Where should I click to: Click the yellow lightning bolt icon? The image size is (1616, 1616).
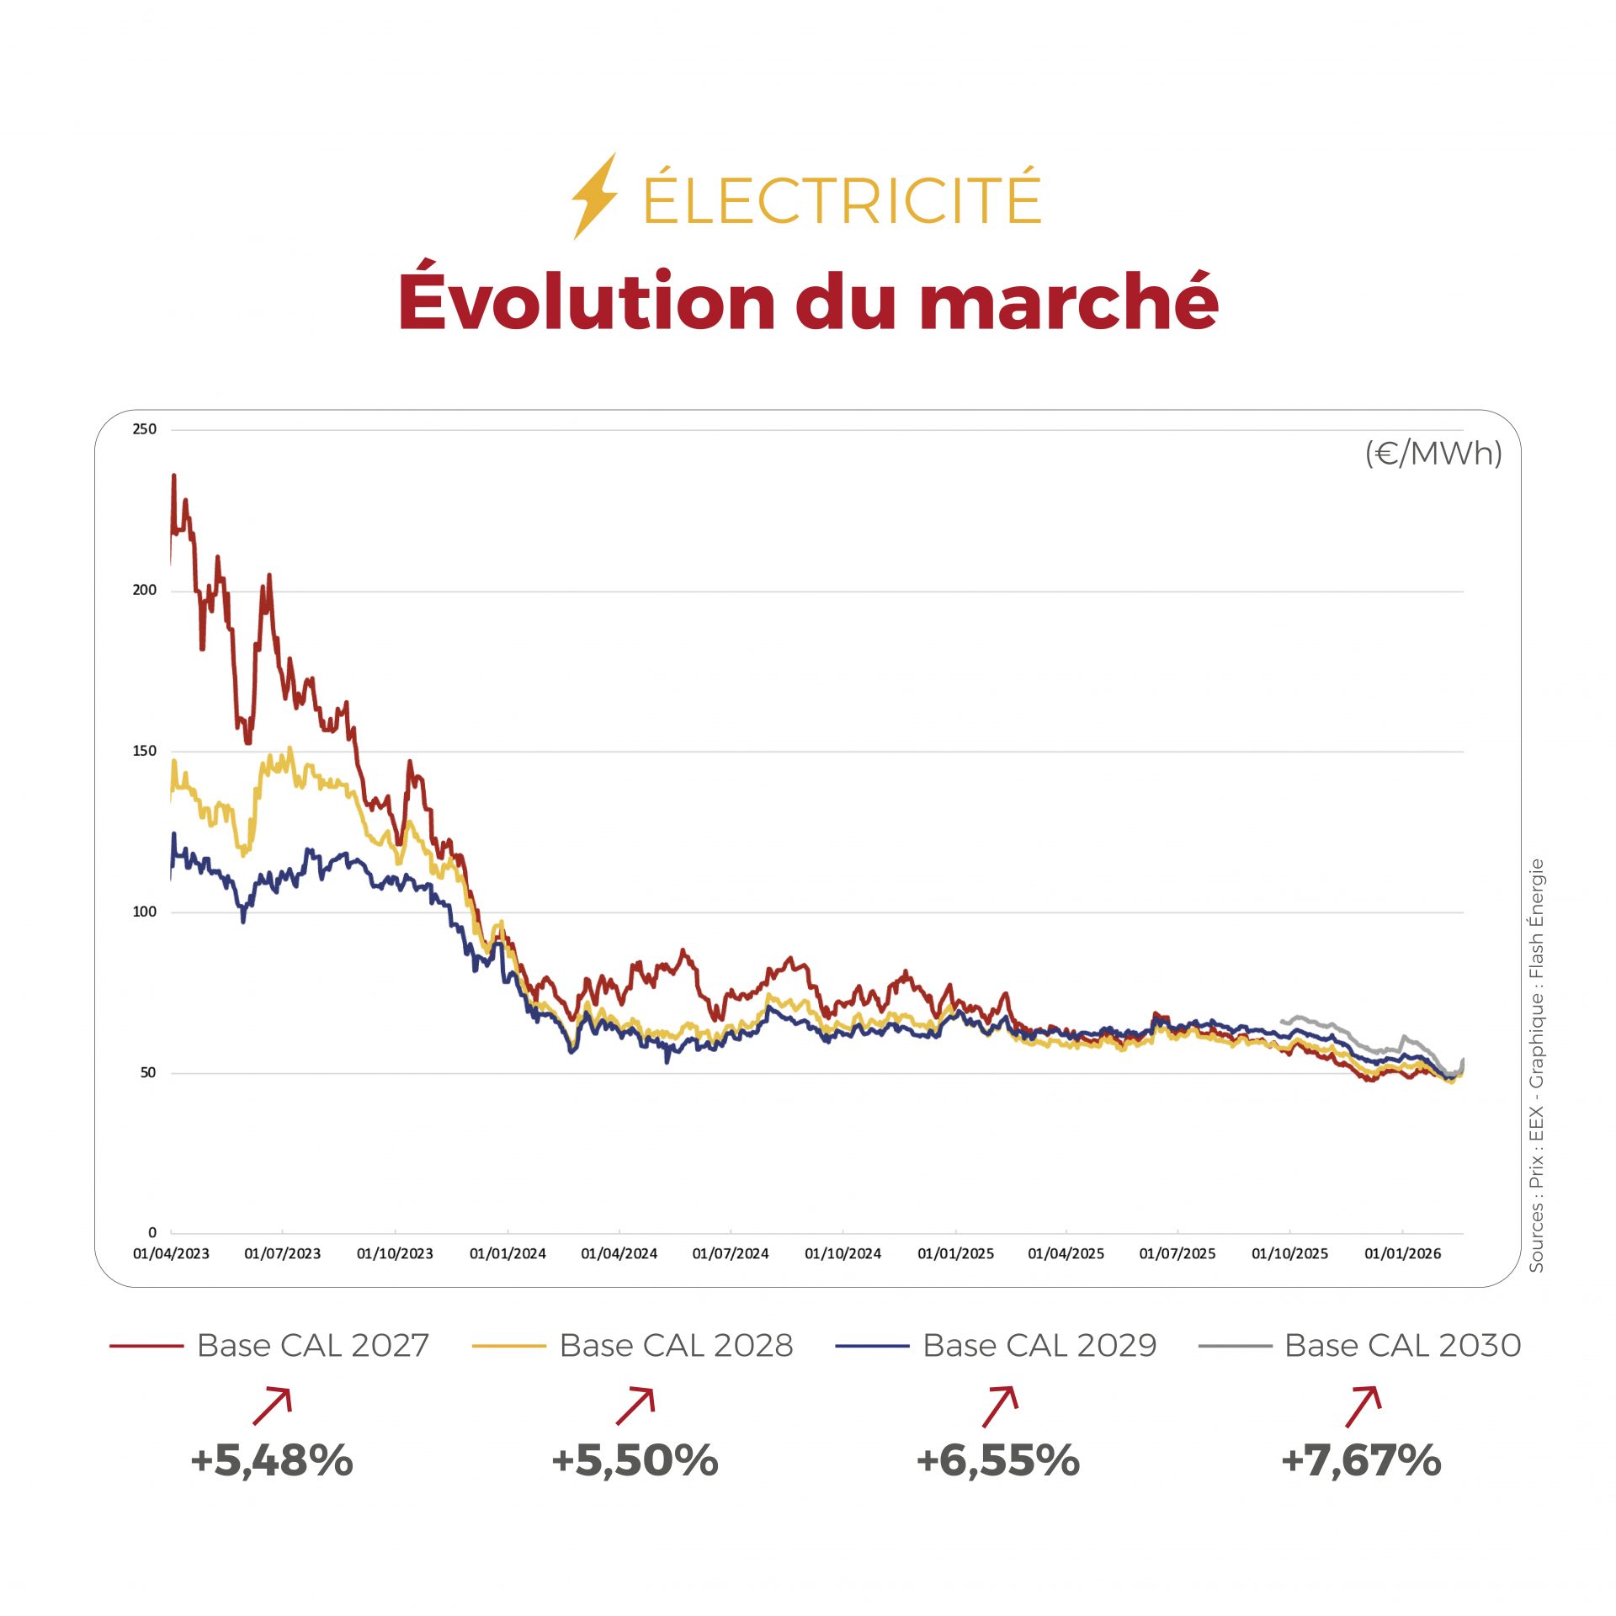click(x=594, y=196)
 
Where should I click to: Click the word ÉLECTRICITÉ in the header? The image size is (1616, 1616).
click(x=842, y=199)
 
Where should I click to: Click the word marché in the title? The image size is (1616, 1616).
click(x=1068, y=301)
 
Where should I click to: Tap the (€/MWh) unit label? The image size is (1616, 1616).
click(x=1433, y=454)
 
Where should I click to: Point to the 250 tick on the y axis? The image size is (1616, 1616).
click(x=145, y=429)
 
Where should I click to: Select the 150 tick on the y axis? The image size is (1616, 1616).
click(x=145, y=751)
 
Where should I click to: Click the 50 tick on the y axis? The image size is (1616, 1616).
click(x=148, y=1072)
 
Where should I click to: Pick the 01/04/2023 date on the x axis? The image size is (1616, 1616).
click(x=171, y=1253)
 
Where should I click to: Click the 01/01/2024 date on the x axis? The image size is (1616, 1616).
click(x=508, y=1253)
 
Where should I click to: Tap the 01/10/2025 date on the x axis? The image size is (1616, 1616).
click(x=1289, y=1253)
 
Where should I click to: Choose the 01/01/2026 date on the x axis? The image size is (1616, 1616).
click(x=1402, y=1253)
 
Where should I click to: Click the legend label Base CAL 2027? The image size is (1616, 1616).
click(x=313, y=1346)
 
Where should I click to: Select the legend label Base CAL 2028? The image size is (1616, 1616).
click(x=676, y=1346)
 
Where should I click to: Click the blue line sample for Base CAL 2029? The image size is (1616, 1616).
click(x=872, y=1347)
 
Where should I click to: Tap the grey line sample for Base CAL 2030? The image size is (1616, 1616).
click(x=1235, y=1347)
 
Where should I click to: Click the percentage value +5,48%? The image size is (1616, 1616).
click(x=272, y=1460)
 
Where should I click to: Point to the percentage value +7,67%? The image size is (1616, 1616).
click(x=1361, y=1460)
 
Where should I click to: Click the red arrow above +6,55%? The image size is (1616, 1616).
click(x=1000, y=1406)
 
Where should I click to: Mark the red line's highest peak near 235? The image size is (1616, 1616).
click(x=174, y=476)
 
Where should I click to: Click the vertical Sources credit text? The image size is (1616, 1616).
click(x=1537, y=1065)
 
